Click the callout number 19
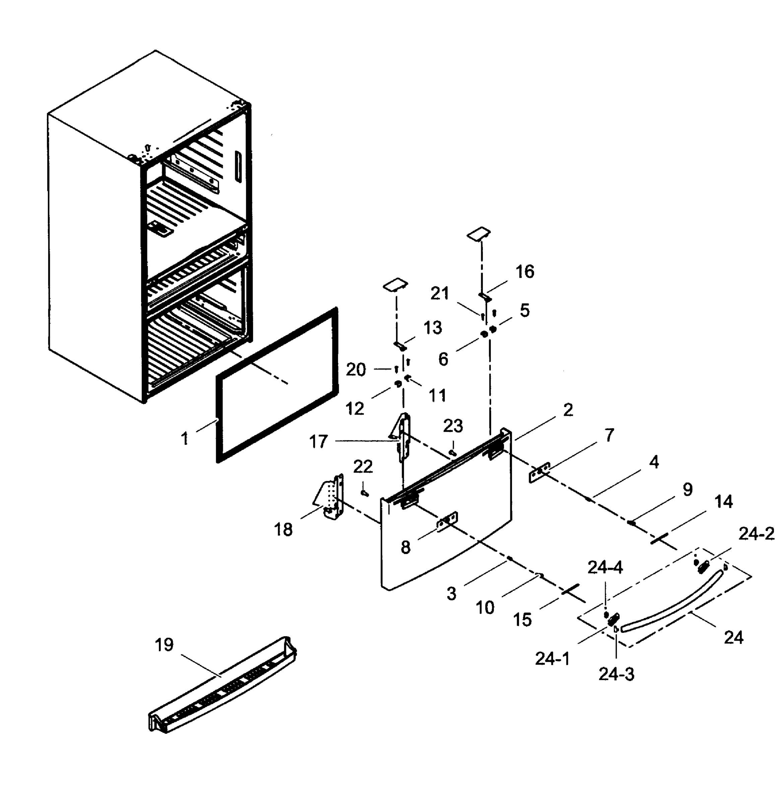pos(164,645)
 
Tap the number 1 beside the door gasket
pos(185,439)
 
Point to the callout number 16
pos(525,272)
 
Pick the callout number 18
pos(283,530)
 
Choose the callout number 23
pos(453,426)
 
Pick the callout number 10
pos(485,607)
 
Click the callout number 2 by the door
pos(568,410)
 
